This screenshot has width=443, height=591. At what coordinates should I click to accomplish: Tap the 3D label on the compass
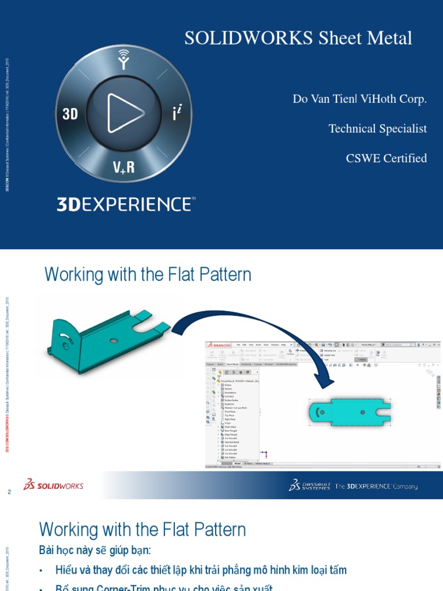(x=70, y=114)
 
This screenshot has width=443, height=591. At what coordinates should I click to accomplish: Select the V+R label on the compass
(x=123, y=167)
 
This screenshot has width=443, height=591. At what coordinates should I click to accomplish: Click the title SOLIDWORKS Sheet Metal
(x=298, y=38)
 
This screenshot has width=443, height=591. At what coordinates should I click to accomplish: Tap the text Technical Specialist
(x=377, y=129)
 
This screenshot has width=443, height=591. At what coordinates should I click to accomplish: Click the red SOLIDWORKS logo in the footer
(x=54, y=486)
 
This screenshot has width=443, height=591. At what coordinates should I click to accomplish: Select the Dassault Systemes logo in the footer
(x=309, y=486)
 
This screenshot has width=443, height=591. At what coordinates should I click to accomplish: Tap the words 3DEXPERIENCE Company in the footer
(x=377, y=487)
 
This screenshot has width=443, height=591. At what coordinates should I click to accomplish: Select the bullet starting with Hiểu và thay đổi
(x=201, y=570)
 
